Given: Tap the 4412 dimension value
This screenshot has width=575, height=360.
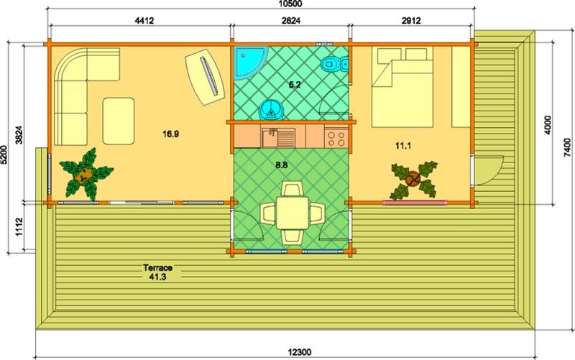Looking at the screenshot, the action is [x=144, y=21].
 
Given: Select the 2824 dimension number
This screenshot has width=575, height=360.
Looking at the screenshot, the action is [x=291, y=21].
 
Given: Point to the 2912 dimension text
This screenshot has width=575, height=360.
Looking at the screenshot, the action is [x=411, y=21].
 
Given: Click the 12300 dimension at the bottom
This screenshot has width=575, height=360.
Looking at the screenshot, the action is [x=300, y=352].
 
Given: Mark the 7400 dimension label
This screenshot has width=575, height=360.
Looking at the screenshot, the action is [x=567, y=147].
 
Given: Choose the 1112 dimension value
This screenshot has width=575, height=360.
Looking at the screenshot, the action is [x=19, y=227].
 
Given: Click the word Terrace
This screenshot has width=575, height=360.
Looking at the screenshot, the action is [x=157, y=268].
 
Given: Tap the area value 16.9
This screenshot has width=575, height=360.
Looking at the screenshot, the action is [x=171, y=134].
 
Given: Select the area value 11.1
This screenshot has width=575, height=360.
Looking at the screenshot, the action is [x=403, y=146].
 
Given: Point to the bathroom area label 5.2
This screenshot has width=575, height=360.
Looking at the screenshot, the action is [x=295, y=85].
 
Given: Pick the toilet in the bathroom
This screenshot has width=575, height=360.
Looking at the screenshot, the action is [x=334, y=65].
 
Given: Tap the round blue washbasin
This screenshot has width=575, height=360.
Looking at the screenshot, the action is [x=271, y=110].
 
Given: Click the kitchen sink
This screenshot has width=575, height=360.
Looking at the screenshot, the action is [x=278, y=137].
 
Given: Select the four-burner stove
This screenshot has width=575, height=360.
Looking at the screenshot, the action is [x=336, y=137].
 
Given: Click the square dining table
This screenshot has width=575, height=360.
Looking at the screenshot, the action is [x=293, y=213].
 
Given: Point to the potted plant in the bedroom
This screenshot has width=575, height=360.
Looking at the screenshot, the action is [x=414, y=179].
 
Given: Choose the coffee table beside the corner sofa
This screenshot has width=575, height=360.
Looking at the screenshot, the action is [x=119, y=121].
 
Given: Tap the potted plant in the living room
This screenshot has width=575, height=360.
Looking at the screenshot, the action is [x=86, y=173].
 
